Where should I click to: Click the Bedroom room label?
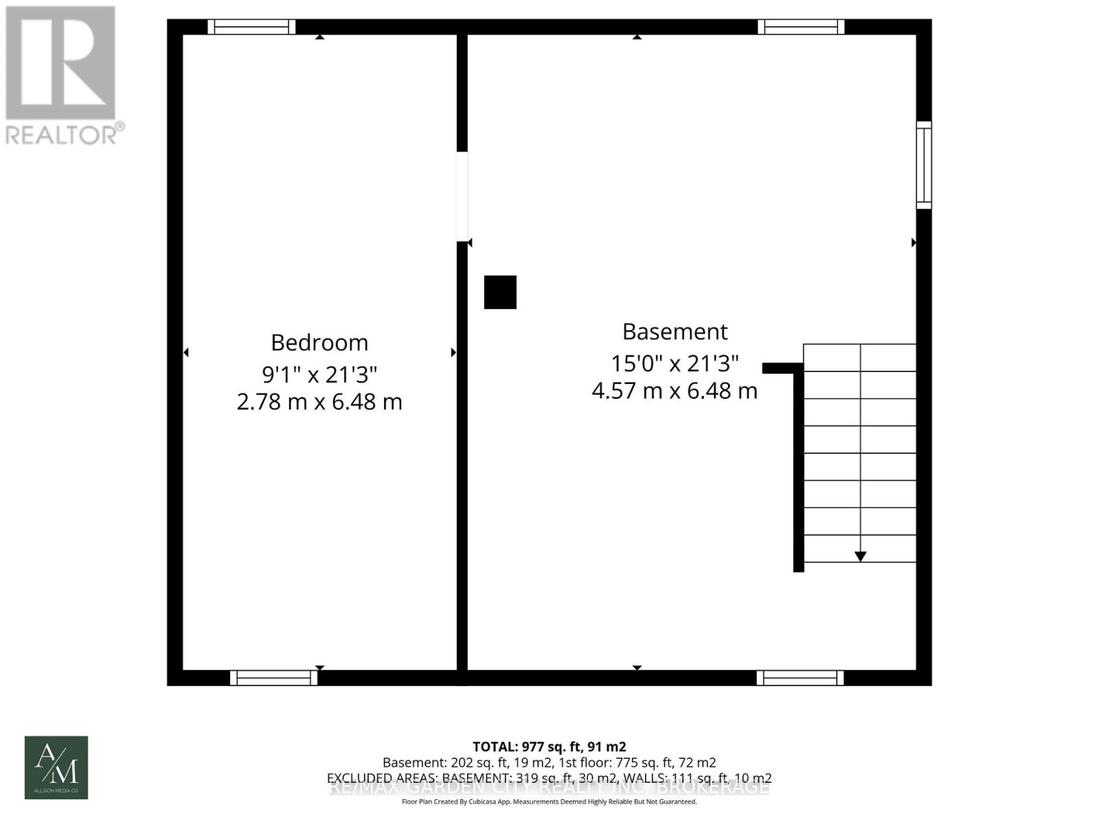[319, 342]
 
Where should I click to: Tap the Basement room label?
[675, 332]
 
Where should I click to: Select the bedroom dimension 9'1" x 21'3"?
[319, 374]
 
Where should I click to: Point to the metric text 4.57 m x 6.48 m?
[675, 391]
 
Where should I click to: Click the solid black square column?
[500, 293]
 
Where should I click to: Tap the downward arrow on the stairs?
[860, 556]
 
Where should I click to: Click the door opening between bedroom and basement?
[462, 196]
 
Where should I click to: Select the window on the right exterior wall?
[924, 165]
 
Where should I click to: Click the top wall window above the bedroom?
[251, 27]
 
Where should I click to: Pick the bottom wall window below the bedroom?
[273, 678]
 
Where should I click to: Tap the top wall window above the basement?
[801, 27]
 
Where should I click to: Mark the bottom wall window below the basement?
[800, 678]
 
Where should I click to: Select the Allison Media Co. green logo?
[56, 768]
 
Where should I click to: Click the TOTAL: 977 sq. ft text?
[549, 746]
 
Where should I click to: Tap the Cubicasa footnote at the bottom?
[549, 802]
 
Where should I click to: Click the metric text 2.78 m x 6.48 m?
[319, 402]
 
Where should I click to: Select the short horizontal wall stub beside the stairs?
[782, 369]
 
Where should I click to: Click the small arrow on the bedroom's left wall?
[186, 352]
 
